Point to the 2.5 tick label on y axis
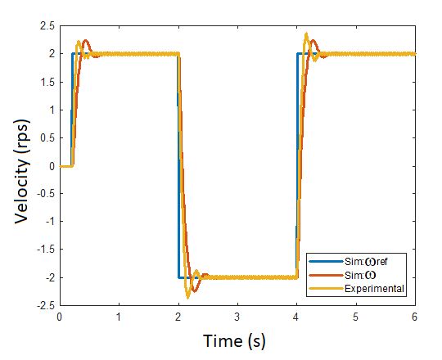coord(47,25)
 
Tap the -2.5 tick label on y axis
coord(45,306)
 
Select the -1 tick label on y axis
coord(48,222)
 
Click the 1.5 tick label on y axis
coord(47,82)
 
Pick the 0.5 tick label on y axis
coord(47,137)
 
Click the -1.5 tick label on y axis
coord(45,250)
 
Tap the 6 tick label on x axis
coord(415,316)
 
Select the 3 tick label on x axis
coord(237,316)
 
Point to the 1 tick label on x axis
coord(119,316)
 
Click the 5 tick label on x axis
coord(356,316)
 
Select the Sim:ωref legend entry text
coord(364,260)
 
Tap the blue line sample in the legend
coord(322,260)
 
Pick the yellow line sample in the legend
coord(322,289)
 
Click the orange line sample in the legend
coord(322,275)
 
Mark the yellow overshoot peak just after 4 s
coord(306,34)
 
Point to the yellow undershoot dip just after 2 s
coord(187,296)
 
